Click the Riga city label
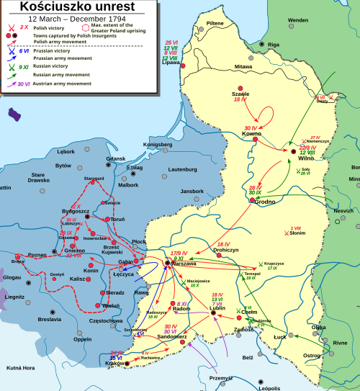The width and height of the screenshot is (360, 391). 273,45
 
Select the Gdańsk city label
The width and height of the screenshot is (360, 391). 115,158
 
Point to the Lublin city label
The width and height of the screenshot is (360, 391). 217,307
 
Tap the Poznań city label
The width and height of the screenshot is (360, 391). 37,255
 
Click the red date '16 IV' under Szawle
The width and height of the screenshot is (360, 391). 240,99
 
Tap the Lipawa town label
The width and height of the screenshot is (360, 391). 172,62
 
